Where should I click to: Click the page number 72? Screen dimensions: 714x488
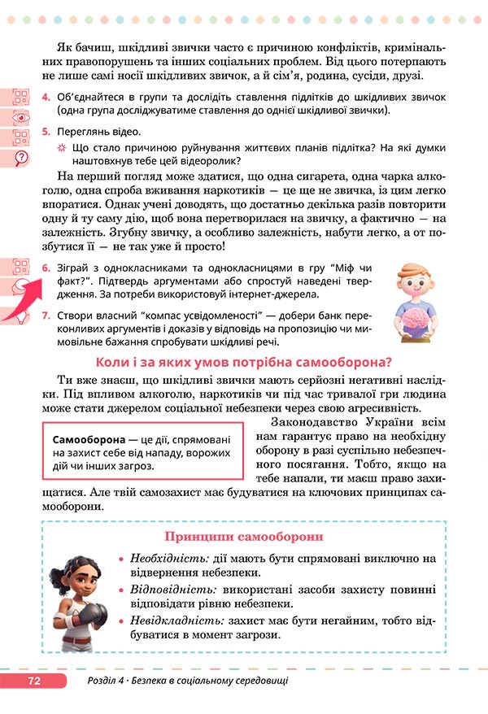[33, 680]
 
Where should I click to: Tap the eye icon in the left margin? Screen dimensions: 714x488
[21, 116]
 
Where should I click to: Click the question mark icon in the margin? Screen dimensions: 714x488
[21, 157]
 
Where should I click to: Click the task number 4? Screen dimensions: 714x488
[46, 98]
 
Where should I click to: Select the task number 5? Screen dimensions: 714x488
[46, 131]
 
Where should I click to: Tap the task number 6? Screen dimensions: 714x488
[46, 268]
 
